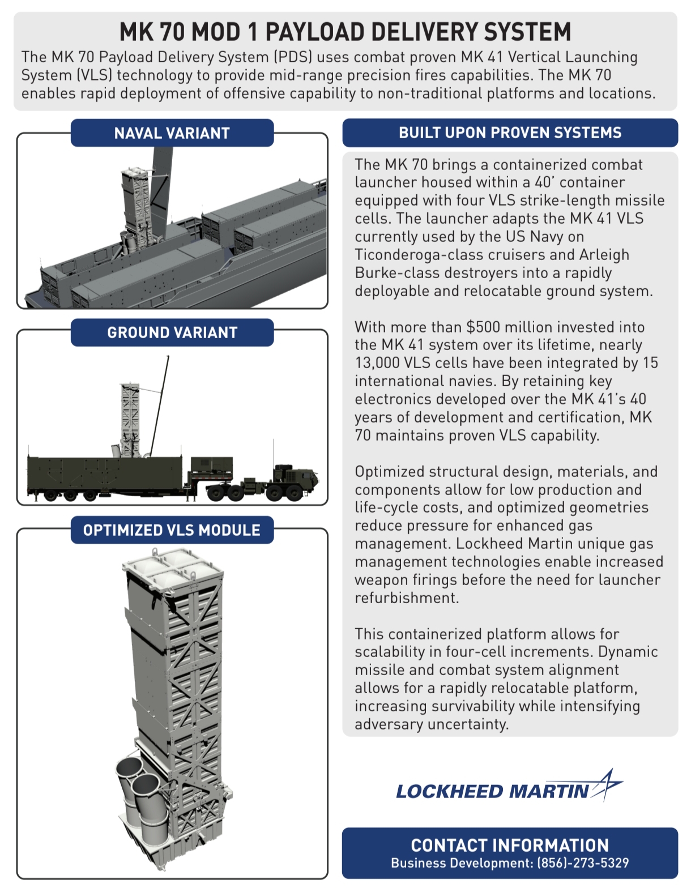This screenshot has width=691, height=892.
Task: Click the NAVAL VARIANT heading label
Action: (172, 133)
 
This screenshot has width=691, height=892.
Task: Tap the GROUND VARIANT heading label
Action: (172, 332)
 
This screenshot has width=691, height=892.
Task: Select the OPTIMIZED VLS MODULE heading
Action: (172, 530)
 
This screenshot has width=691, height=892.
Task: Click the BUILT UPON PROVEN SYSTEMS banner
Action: (510, 133)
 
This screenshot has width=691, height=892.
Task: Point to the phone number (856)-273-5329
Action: (583, 863)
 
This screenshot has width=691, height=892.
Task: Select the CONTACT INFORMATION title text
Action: (510, 845)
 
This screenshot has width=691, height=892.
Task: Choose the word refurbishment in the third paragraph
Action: (406, 598)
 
